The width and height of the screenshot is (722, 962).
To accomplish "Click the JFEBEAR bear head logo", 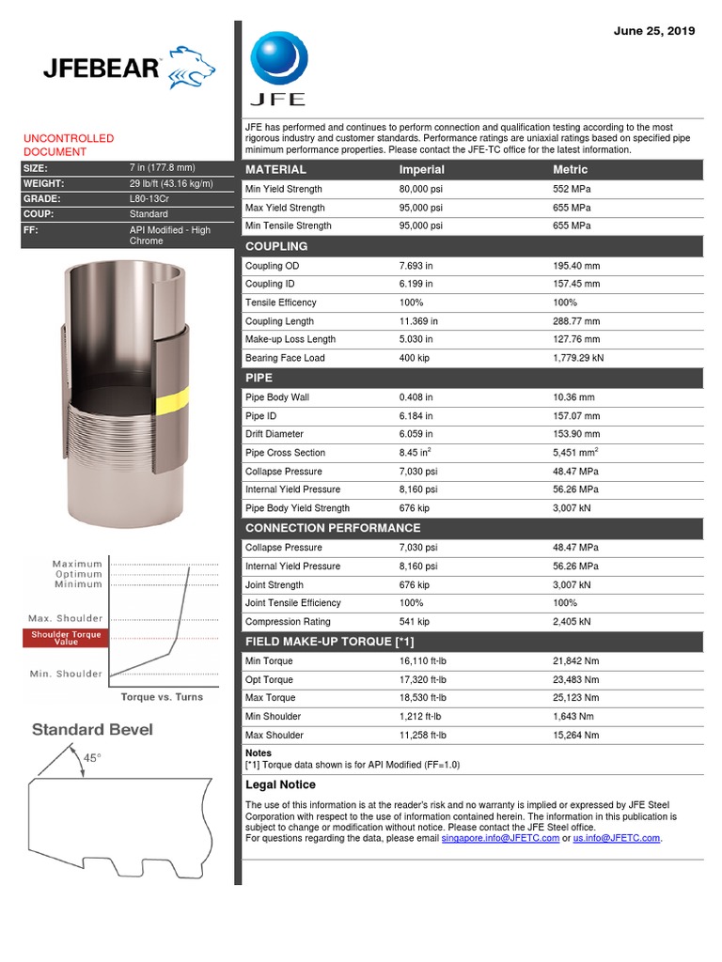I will (x=190, y=67).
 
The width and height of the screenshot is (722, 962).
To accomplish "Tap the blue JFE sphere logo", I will (x=277, y=59).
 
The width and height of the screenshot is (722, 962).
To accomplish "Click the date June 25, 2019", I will (x=653, y=31).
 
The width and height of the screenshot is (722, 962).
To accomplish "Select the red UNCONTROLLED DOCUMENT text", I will (x=69, y=145).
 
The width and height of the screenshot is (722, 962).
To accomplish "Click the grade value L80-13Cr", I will (x=151, y=199).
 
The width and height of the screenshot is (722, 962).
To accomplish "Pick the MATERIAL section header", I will (x=275, y=170).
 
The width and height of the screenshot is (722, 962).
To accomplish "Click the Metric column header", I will (x=571, y=170).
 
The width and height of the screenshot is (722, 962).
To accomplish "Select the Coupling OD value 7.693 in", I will (x=416, y=266).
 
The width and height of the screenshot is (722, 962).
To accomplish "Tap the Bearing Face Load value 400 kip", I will (x=415, y=358).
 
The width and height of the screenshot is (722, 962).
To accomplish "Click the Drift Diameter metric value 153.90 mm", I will (x=577, y=434).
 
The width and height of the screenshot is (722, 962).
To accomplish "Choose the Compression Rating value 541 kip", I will (x=415, y=622).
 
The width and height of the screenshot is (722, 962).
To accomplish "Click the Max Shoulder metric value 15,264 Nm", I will (x=575, y=735).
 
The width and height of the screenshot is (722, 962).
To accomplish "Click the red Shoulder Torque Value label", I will (x=66, y=638).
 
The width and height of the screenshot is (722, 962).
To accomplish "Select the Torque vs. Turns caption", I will (x=161, y=697).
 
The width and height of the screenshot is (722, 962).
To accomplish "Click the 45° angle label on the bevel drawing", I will (x=92, y=758).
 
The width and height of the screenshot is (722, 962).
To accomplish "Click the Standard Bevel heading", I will (x=92, y=730).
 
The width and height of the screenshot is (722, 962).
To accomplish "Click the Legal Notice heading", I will (x=280, y=784).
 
